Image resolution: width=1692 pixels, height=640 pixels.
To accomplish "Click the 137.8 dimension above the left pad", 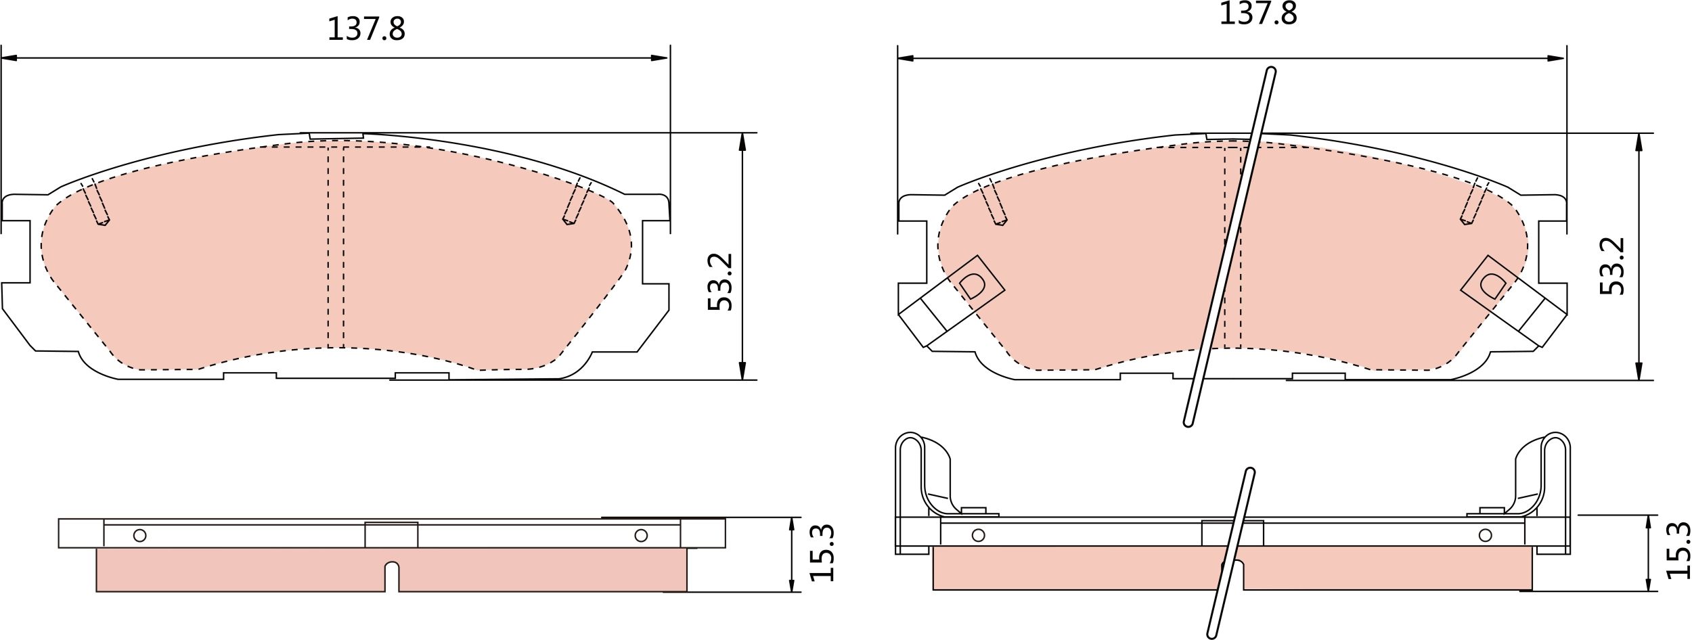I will (x=366, y=29).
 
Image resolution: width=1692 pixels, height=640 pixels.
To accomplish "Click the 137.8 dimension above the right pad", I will (x=1258, y=14).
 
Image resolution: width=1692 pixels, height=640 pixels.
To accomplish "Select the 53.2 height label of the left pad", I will (x=720, y=282).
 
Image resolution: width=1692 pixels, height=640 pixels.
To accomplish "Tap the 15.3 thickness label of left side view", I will (x=822, y=553).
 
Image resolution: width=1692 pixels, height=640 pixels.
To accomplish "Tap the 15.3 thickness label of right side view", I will (x=1678, y=550).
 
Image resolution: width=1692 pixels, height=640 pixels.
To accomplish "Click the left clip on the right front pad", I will (x=951, y=302).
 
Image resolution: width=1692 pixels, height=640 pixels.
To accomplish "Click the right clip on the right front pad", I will (x=1513, y=302).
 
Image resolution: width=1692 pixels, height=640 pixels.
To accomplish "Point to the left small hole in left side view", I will (x=140, y=535).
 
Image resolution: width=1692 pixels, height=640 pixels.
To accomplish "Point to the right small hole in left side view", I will (x=641, y=535).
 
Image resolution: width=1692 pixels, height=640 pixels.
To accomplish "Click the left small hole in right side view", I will (x=978, y=535).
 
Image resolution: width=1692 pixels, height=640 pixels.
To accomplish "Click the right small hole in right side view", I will (x=1486, y=535).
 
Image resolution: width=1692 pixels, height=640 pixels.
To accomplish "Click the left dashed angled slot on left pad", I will (x=95, y=202).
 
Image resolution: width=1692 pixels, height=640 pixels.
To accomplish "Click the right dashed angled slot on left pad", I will (x=577, y=202).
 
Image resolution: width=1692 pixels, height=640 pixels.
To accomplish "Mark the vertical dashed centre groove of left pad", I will (x=336, y=247).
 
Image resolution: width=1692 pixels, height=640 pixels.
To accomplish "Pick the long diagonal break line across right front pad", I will (x=1229, y=247).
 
